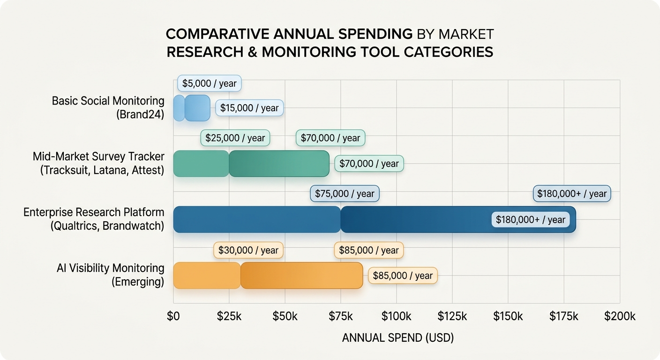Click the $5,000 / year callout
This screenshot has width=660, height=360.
210,84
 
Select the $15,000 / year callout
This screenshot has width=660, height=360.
249,108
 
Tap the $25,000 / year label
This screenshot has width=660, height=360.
235,138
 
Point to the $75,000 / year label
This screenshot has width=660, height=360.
345,194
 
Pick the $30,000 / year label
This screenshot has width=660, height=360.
248,250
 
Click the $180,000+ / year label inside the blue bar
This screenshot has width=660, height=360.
531,219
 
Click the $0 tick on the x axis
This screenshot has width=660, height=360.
173,316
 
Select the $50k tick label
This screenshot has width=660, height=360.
285,316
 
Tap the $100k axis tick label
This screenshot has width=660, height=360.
397,316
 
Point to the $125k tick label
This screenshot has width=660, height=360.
452,316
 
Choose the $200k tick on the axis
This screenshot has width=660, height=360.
620,316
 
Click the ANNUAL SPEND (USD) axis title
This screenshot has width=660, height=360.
397,338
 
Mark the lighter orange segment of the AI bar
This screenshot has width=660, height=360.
207,276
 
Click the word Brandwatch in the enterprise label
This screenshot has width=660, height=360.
133,225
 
